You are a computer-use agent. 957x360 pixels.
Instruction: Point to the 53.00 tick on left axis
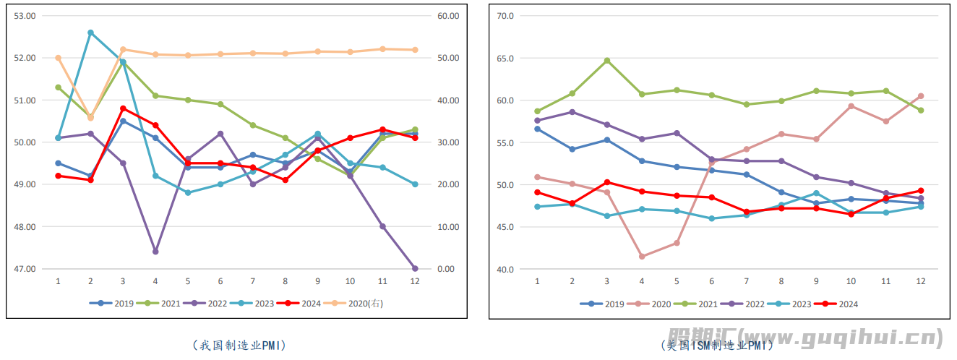point(25,15)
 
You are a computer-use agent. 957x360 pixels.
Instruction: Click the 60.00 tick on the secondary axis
point(448,15)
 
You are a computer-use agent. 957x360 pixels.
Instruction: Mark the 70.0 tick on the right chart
point(504,15)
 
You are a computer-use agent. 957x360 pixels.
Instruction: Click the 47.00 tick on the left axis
point(25,269)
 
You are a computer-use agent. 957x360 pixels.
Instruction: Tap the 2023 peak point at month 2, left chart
point(90,33)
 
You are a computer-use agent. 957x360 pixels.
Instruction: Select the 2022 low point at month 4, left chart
point(155,252)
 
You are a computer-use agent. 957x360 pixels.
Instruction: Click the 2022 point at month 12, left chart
point(415,268)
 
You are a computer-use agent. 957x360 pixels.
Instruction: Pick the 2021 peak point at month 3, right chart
point(607,61)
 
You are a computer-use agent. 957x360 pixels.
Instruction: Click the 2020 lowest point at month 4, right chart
point(642,256)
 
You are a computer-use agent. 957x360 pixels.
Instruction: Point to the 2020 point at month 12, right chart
point(921,95)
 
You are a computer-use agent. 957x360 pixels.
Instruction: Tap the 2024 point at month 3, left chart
point(123,108)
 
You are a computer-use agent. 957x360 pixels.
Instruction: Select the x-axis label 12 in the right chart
point(921,280)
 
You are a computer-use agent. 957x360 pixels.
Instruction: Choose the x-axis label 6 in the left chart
point(220,280)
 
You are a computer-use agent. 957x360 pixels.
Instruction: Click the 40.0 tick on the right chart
point(504,269)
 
